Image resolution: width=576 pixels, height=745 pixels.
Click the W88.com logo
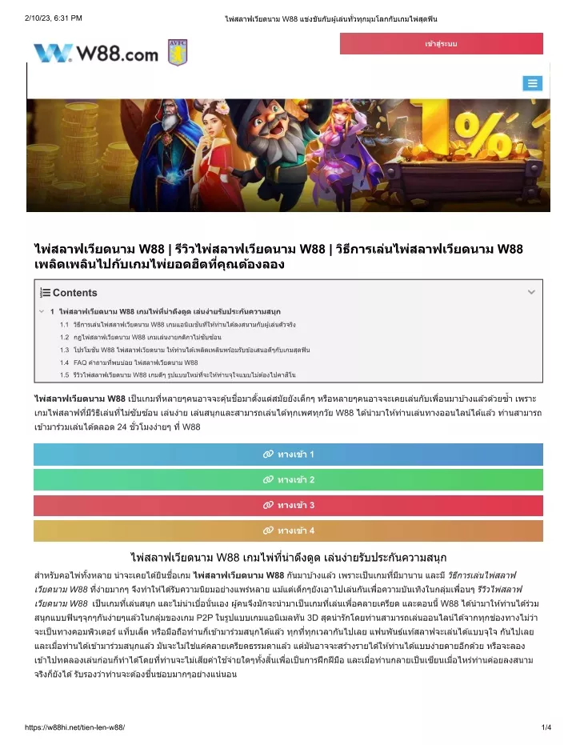(x=96, y=54)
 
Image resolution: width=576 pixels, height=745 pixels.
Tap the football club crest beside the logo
(x=177, y=53)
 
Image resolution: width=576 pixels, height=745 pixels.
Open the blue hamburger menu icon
(x=532, y=83)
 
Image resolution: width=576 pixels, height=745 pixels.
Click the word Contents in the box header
(x=74, y=293)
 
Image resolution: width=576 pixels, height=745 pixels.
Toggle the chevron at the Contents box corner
(x=531, y=293)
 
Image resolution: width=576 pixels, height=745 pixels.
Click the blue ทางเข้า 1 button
(x=288, y=455)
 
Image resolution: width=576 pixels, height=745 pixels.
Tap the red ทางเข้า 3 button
(x=288, y=505)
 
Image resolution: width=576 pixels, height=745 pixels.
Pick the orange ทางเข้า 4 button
(x=288, y=531)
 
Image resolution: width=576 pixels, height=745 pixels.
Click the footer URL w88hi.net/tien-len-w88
(x=75, y=727)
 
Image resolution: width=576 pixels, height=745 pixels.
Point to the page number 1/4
(x=546, y=727)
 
